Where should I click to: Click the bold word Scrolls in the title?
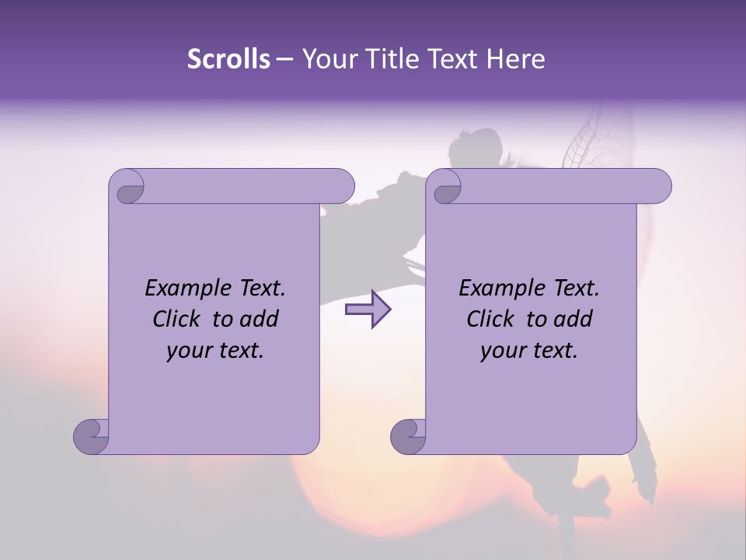pos(228,59)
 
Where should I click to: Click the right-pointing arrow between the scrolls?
pos(368,310)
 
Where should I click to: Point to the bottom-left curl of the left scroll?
pos(91,436)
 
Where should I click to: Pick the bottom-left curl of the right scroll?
pos(408,436)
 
